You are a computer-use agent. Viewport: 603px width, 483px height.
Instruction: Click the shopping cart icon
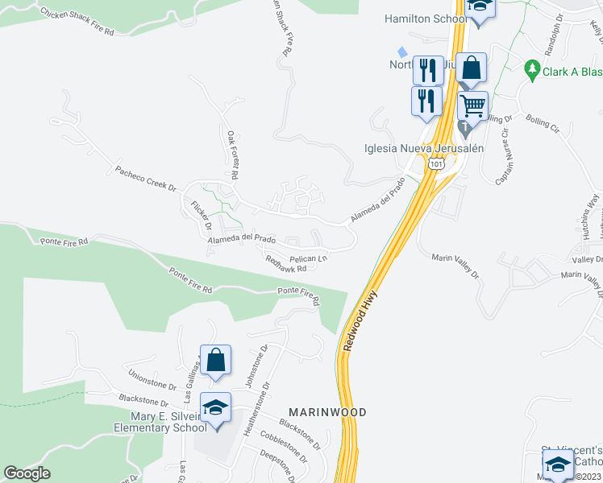[472, 105]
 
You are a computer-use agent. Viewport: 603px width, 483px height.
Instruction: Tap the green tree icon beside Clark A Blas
[531, 70]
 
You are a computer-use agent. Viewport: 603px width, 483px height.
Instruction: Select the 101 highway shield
[436, 164]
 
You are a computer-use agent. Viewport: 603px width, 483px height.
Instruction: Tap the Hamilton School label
[425, 19]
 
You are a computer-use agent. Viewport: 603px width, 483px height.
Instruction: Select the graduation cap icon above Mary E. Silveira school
[216, 407]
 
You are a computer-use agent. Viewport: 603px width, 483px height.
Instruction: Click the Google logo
[27, 473]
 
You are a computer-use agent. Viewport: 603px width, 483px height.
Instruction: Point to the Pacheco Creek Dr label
[145, 177]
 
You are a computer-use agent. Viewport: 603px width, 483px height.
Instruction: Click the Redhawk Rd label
[286, 263]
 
